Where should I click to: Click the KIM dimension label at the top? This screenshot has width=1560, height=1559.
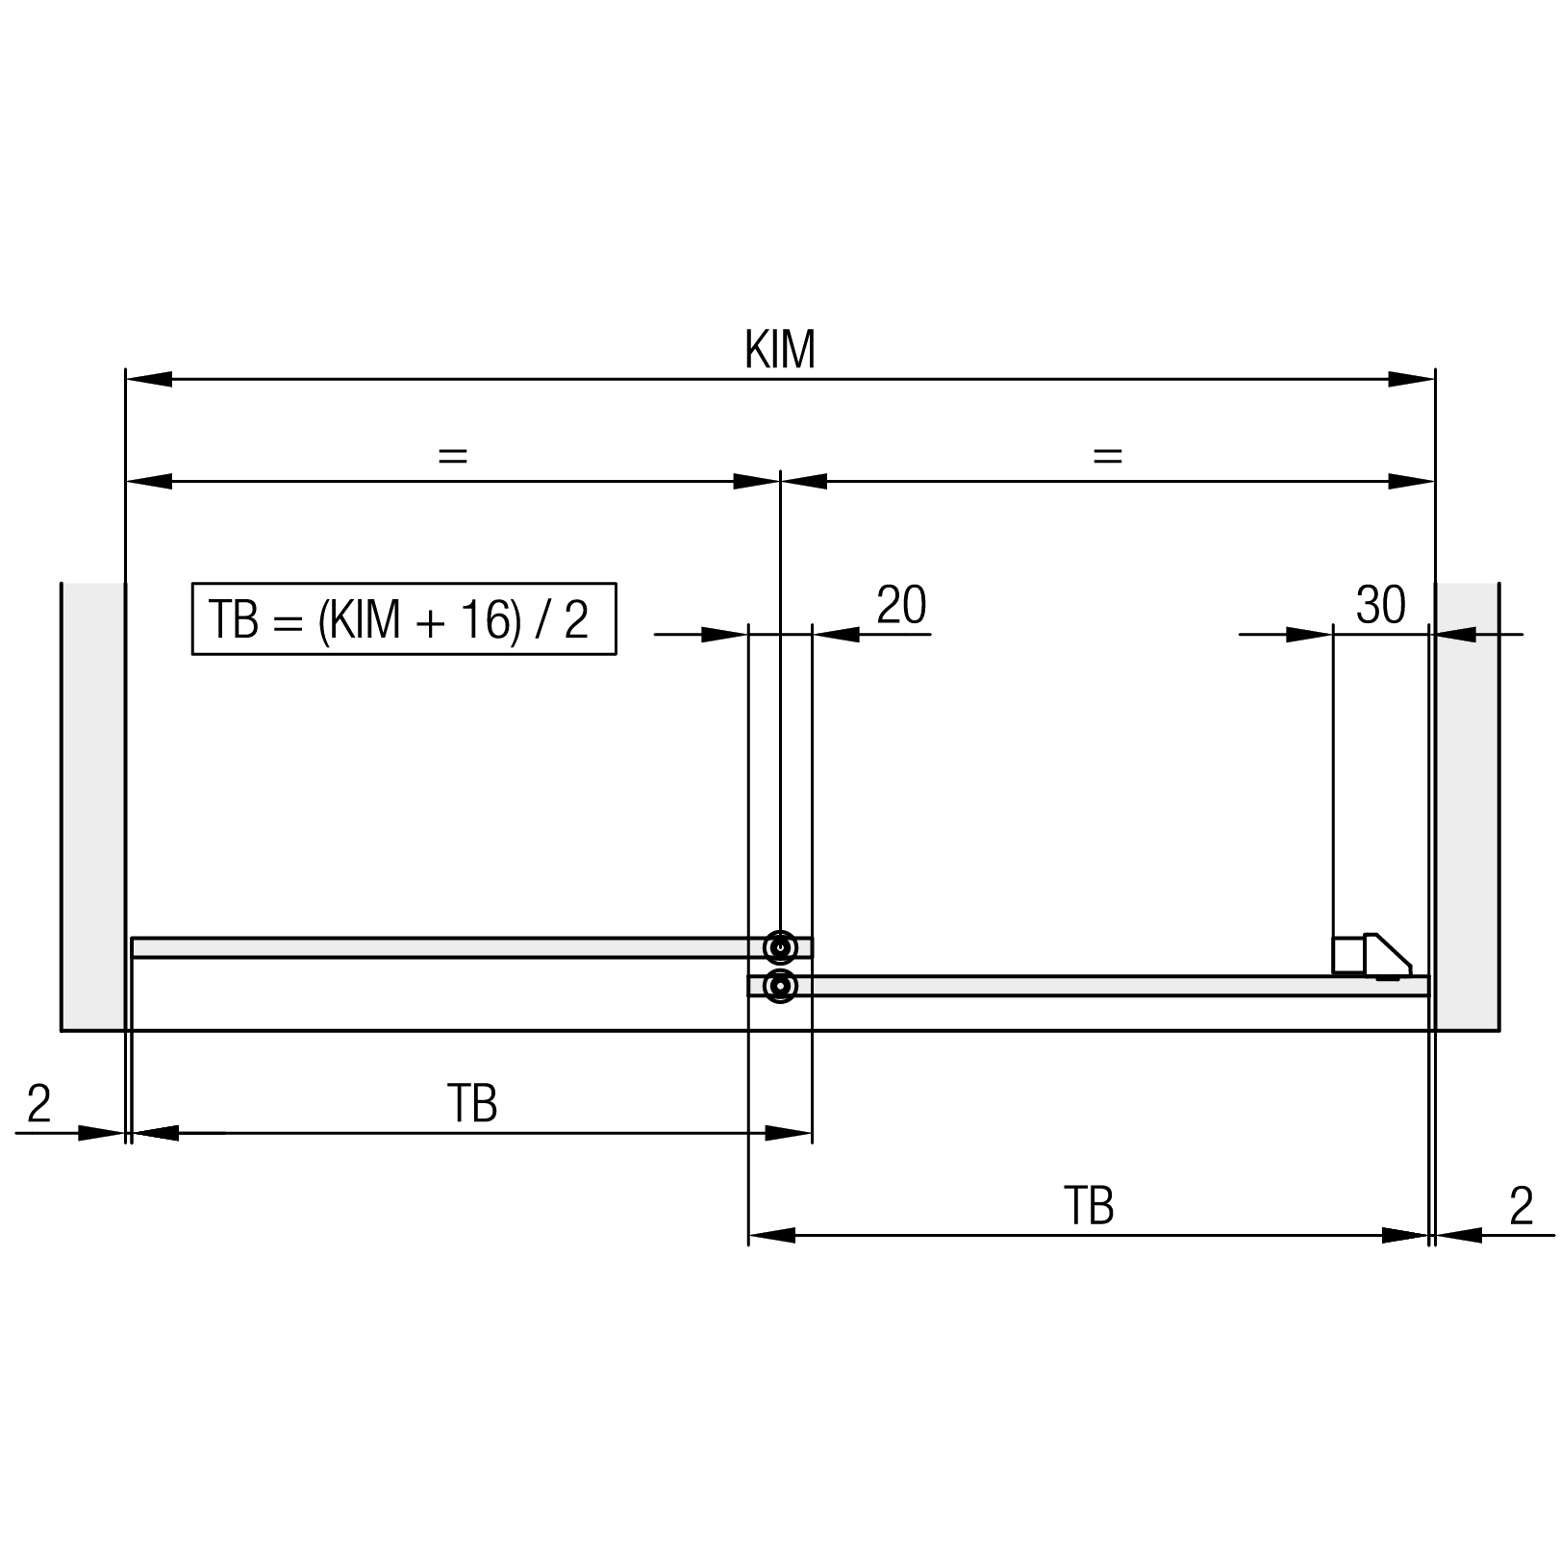click(780, 349)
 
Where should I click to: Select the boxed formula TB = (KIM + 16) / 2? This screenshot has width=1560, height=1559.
click(404, 618)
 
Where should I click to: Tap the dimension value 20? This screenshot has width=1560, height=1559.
click(901, 605)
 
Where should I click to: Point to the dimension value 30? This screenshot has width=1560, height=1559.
click(1380, 605)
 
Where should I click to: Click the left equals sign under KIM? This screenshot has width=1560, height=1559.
click(452, 455)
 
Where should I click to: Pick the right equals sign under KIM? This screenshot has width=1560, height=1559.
click(1108, 455)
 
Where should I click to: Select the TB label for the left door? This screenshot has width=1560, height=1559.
click(472, 1104)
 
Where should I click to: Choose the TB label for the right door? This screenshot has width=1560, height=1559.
click(1089, 1206)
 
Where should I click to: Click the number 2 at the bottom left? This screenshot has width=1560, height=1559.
click(38, 1104)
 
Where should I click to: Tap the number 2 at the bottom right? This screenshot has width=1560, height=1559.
click(1521, 1206)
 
